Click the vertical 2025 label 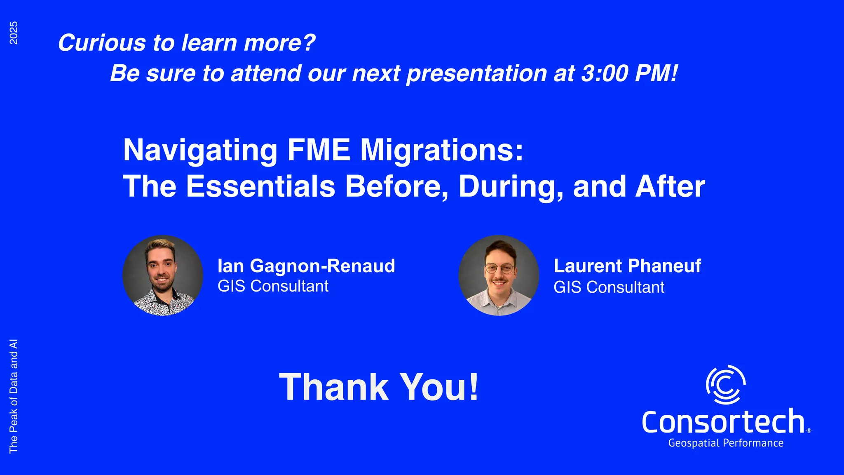[14, 33]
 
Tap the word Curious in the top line [102, 42]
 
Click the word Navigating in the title [200, 150]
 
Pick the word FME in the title [319, 150]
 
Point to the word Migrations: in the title [442, 150]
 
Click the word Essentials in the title [261, 186]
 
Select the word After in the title [670, 186]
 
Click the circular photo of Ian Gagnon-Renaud [163, 275]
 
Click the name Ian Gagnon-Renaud [306, 266]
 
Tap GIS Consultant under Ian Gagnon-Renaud [273, 286]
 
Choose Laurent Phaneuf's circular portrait [499, 275]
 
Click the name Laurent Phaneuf [627, 266]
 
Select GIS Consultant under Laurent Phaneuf [609, 287]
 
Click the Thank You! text [379, 387]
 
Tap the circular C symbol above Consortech [726, 384]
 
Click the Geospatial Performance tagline [725, 443]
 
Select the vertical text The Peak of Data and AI [14, 396]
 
